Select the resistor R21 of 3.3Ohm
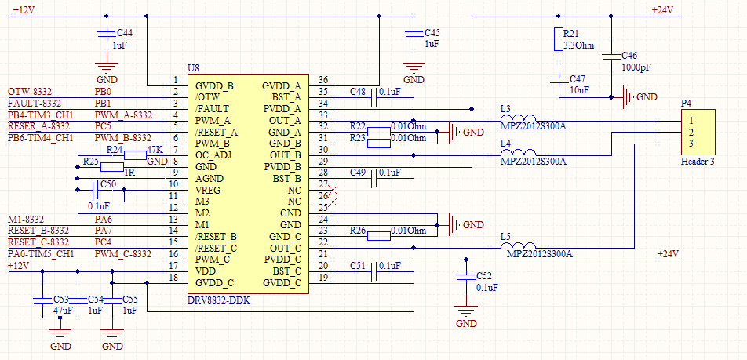(558, 39)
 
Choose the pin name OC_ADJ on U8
(213, 155)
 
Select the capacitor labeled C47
(558, 80)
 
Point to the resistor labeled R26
(378, 235)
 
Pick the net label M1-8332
(25, 219)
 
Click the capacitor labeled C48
(373, 92)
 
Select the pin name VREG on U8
(209, 189)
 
